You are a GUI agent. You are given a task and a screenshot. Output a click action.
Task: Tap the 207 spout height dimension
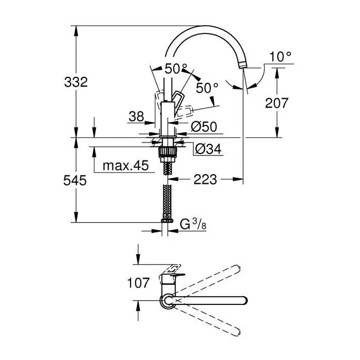pos(277,103)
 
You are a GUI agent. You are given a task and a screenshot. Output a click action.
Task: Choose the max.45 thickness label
pos(125,166)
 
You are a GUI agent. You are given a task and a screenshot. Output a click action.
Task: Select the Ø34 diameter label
pos(208,149)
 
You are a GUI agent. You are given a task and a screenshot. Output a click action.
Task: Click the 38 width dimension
pos(136,116)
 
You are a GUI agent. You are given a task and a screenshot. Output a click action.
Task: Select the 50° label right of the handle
pos(207,88)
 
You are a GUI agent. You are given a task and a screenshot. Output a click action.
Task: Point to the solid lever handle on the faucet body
pos(177,99)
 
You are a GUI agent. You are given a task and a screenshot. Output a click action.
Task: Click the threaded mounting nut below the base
pos(166,153)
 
